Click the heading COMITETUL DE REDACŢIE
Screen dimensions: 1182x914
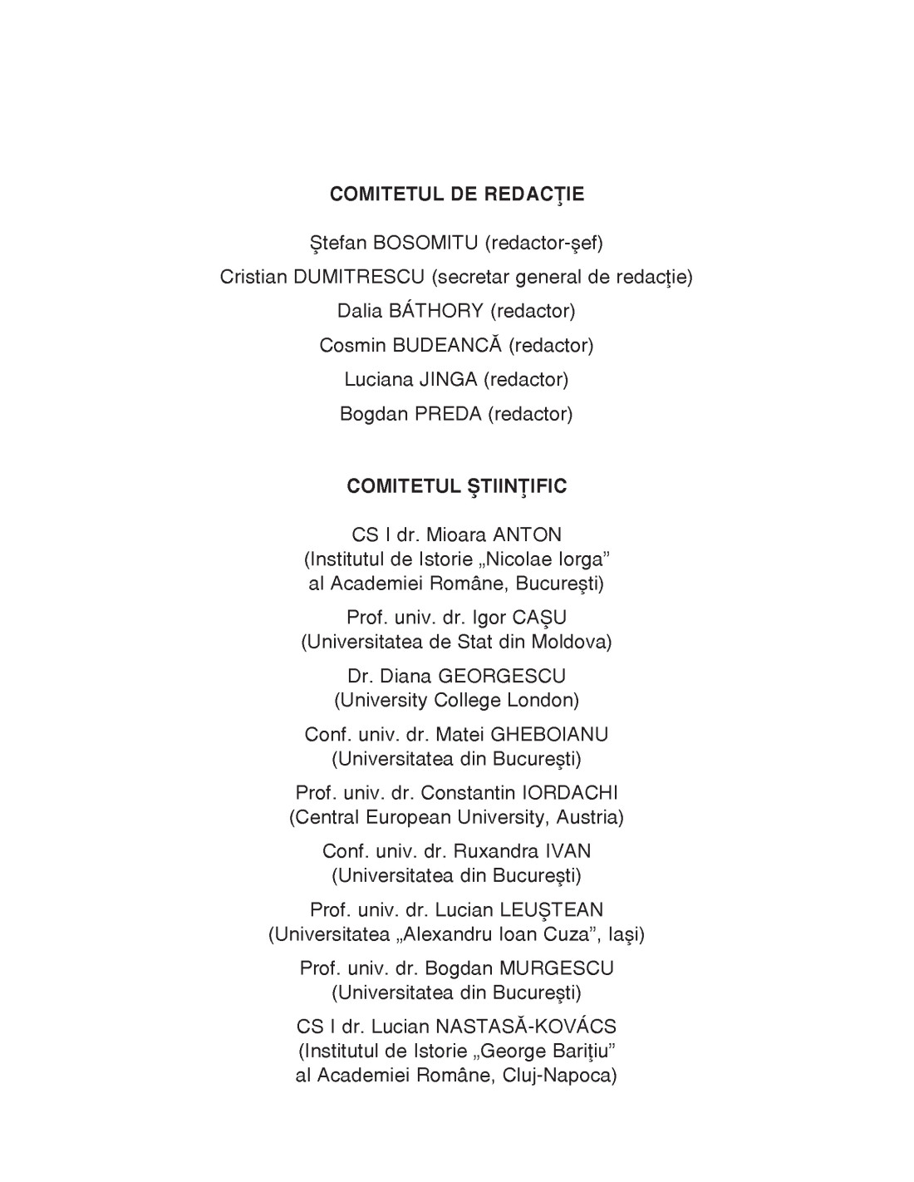[457, 195]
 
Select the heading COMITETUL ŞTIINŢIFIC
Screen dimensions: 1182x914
[457, 486]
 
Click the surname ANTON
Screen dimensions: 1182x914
[528, 534]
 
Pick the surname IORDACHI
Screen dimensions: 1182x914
[569, 793]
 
